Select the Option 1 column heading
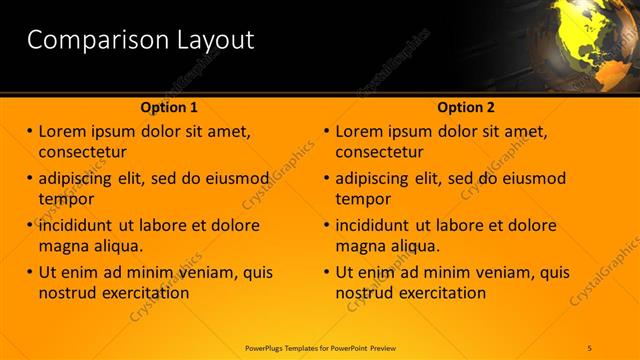tap(169, 107)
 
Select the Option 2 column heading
tap(466, 107)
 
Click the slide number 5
tap(590, 347)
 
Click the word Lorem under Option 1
tap(65, 132)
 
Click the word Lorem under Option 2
tap(362, 132)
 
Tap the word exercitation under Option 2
tap(439, 293)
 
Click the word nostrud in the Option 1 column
tap(66, 293)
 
